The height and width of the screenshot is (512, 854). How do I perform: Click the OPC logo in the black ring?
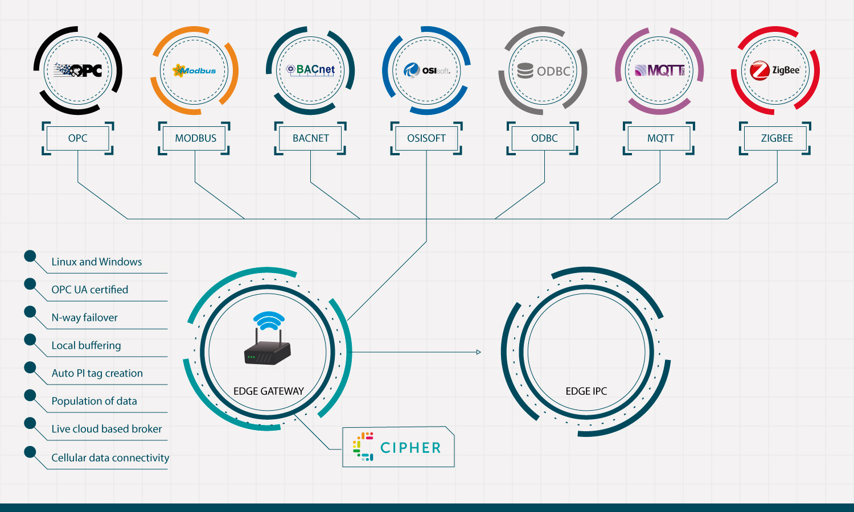[x=78, y=71]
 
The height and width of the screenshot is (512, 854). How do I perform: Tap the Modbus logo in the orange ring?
[x=194, y=71]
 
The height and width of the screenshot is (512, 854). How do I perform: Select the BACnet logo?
[x=310, y=70]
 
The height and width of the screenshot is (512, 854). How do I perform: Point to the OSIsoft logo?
[x=426, y=71]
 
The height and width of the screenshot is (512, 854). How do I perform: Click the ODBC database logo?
[x=543, y=71]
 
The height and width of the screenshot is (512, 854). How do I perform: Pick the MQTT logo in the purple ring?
[x=659, y=71]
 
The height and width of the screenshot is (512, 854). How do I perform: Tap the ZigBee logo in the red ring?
[x=775, y=71]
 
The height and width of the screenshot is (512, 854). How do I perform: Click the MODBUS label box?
[x=195, y=138]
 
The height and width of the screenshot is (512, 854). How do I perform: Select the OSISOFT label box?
[x=426, y=138]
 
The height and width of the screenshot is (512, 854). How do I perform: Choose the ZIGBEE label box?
[x=776, y=138]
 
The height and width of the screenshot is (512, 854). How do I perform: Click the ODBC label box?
[x=544, y=138]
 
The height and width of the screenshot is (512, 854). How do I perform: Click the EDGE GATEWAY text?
[x=268, y=391]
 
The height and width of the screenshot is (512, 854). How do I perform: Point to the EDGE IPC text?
[x=586, y=391]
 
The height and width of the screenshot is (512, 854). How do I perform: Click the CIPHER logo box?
[x=398, y=447]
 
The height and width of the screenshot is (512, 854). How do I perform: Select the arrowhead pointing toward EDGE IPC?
[x=478, y=352]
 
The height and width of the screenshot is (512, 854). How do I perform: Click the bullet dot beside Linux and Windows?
[x=30, y=256]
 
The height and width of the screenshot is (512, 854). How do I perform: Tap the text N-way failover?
[x=84, y=317]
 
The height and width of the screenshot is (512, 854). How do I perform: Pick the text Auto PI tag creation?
[x=97, y=373]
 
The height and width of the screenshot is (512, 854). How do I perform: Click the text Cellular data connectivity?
[x=110, y=457]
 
